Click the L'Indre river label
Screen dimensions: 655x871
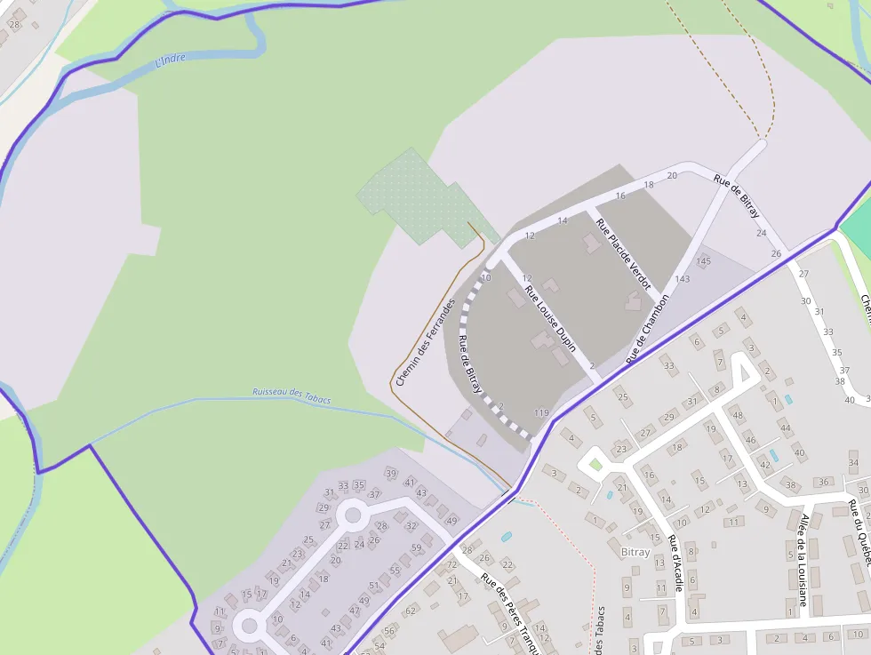[171, 61]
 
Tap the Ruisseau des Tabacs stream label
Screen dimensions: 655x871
[292, 395]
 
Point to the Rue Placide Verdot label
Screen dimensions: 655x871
[623, 254]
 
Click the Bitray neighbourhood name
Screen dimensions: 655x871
[635, 552]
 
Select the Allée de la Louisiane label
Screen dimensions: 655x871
[803, 560]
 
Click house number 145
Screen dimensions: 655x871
[704, 260]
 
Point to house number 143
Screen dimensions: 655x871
[682, 279]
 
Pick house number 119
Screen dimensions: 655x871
[541, 413]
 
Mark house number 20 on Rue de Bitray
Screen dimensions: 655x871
[672, 175]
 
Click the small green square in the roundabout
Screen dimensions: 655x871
[595, 464]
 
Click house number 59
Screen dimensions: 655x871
[416, 547]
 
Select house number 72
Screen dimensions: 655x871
[451, 564]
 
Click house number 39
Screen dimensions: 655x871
[390, 472]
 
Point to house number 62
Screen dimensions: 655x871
[411, 611]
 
